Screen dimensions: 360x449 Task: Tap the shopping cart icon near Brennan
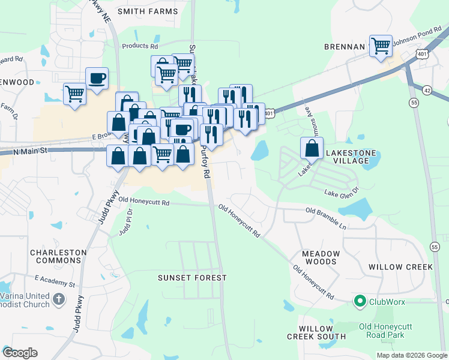click(381, 46)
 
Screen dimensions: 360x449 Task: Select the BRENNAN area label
click(345, 47)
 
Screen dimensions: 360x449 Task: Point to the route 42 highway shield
click(427, 89)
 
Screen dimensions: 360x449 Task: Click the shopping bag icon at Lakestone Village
click(312, 148)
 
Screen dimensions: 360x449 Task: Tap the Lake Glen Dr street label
click(341, 193)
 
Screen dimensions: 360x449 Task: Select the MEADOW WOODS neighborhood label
click(321, 258)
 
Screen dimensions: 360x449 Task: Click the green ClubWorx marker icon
click(360, 301)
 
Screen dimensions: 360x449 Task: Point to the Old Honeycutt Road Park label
click(385, 331)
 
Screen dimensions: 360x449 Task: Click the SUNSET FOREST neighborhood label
click(192, 278)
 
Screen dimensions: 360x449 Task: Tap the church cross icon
click(58, 299)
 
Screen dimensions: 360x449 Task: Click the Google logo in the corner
click(20, 352)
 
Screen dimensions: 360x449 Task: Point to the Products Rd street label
click(139, 46)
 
